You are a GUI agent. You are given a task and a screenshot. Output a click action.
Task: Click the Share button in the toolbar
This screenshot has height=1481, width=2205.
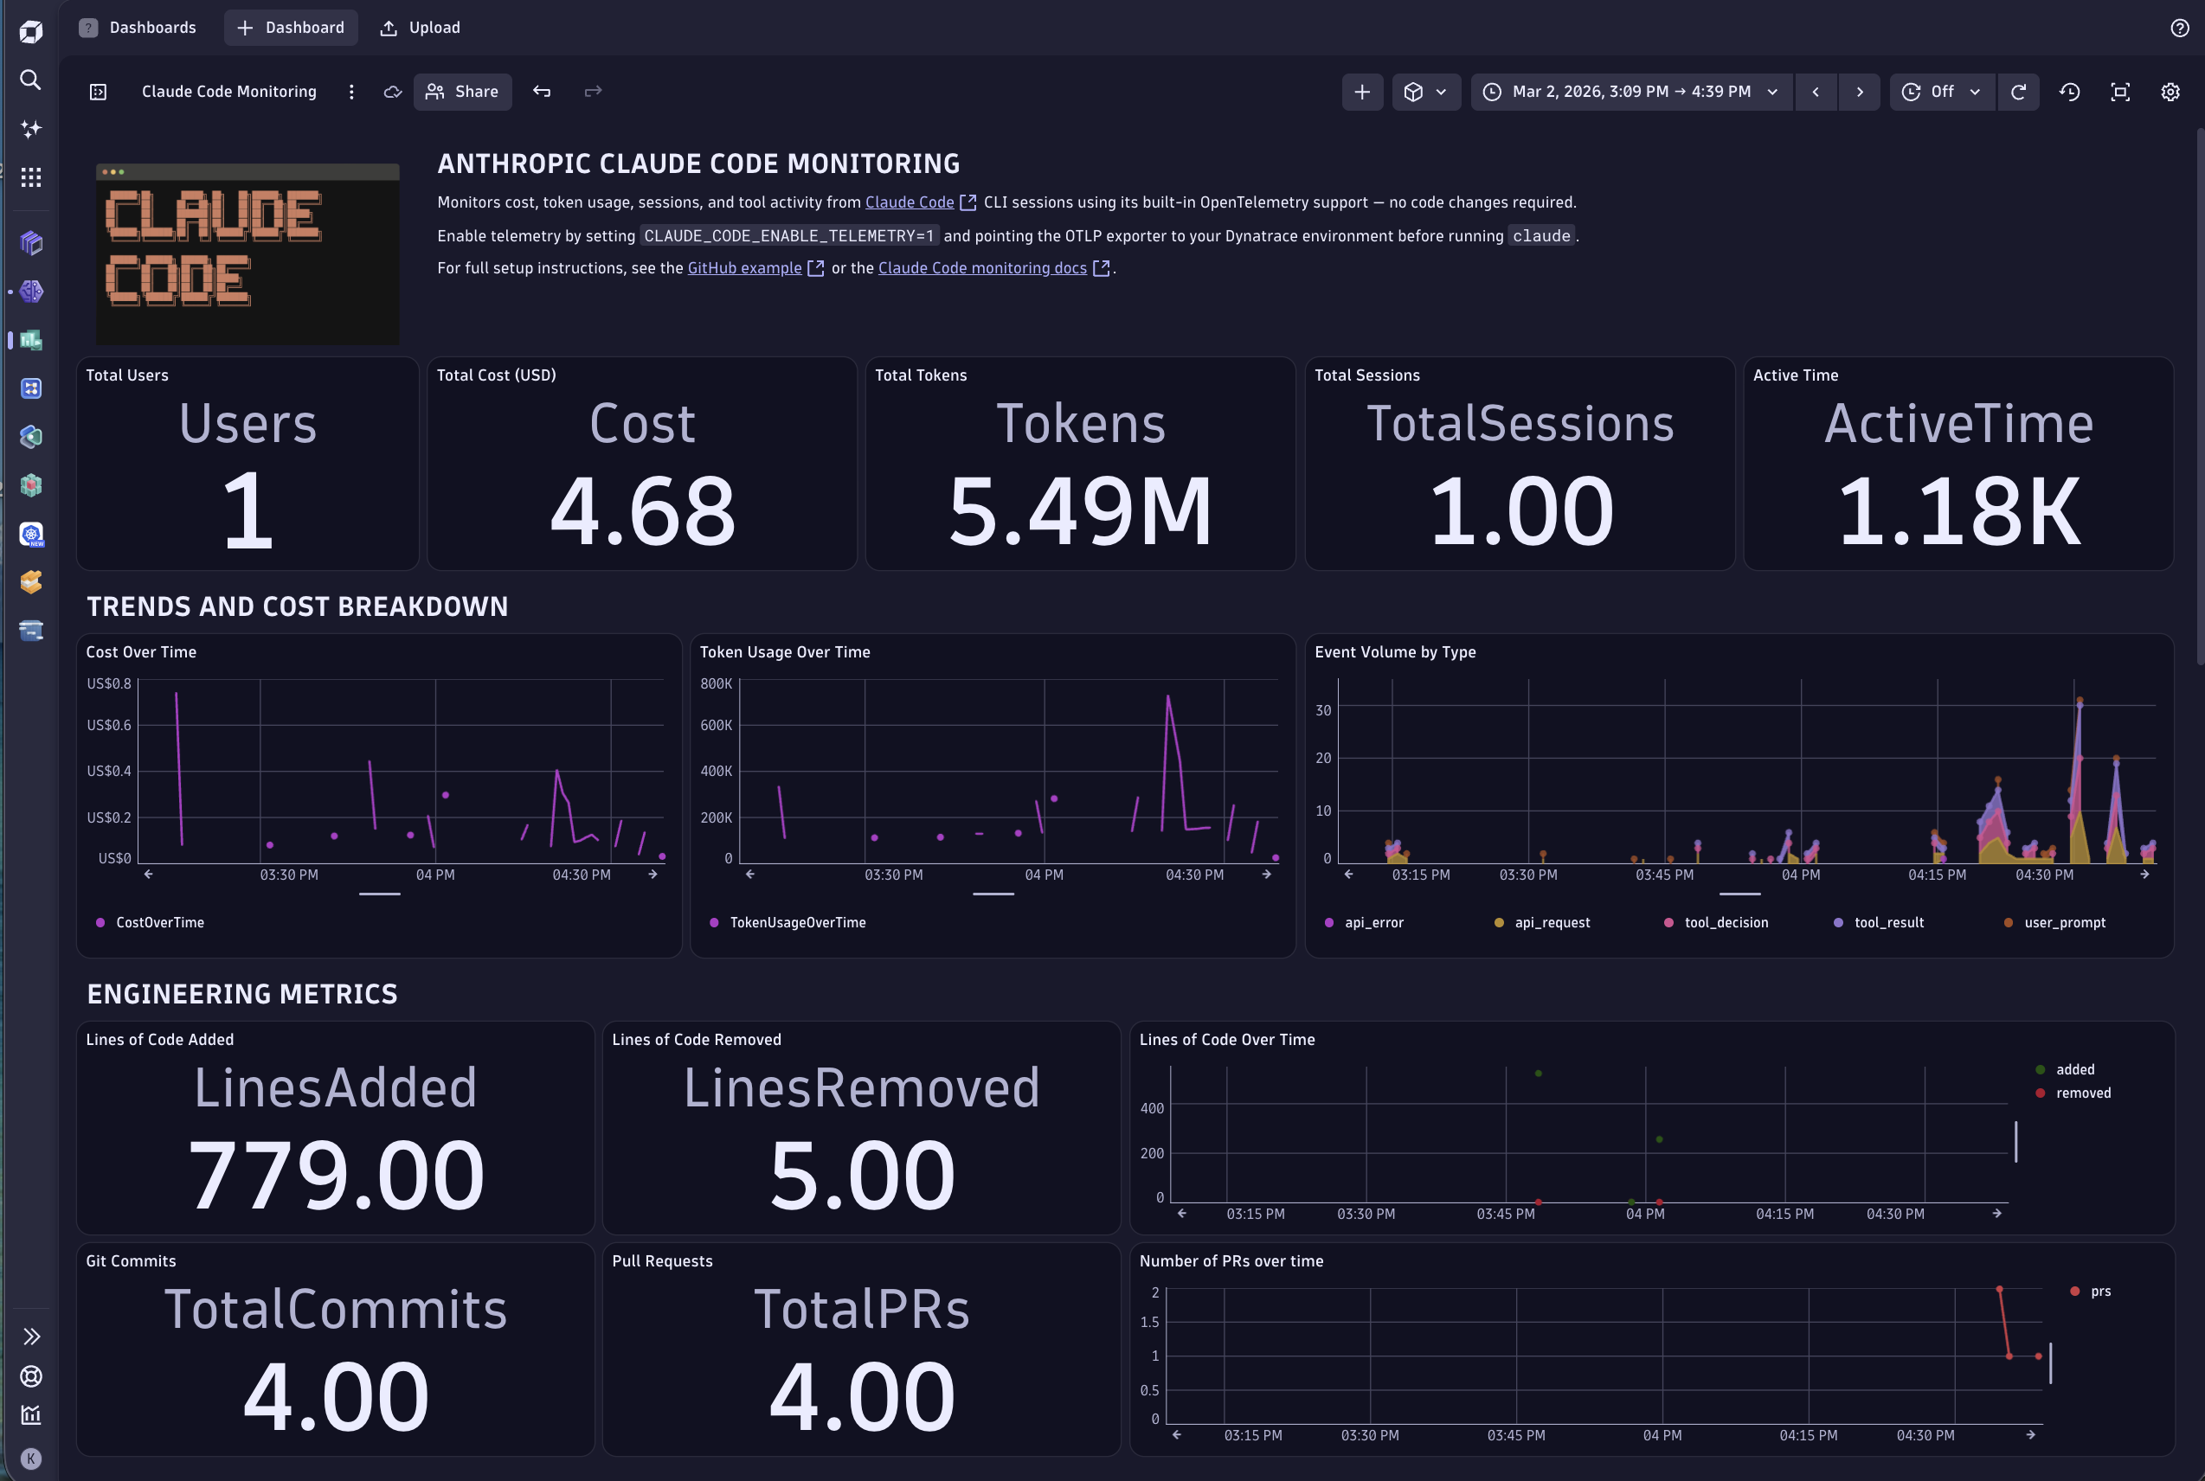462,92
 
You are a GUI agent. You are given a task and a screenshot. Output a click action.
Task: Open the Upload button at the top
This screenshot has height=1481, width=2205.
421,28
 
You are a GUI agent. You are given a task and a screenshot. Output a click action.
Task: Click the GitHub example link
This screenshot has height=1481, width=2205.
744,268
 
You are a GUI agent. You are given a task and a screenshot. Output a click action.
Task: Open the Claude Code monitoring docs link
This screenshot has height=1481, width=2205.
982,268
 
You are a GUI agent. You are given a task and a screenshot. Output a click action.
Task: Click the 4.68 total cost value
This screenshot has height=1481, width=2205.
642,511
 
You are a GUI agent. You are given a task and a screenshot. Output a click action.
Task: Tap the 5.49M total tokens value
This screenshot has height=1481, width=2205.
1080,511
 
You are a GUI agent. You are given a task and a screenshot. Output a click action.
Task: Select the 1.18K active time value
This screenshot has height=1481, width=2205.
1958,511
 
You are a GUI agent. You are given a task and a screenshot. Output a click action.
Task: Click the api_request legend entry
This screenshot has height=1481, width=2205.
1552,923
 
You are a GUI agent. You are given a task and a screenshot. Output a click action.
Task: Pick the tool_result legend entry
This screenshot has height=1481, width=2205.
1887,923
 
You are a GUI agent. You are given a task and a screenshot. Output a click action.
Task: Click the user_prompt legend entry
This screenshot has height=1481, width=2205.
2063,923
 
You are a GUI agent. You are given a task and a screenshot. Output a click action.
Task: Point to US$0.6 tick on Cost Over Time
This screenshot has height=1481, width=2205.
109,726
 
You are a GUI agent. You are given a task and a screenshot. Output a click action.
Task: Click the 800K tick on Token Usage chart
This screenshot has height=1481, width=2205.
716,683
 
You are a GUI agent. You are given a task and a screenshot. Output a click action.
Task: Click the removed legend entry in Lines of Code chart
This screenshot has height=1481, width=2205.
2082,1093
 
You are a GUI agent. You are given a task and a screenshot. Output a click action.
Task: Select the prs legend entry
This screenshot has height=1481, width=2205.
2099,1292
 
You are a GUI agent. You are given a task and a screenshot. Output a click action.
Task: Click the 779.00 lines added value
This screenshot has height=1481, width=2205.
336,1175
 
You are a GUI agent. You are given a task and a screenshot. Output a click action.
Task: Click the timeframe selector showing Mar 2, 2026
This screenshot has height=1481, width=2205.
1630,92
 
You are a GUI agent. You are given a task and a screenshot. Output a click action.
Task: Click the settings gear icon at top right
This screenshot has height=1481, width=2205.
2170,92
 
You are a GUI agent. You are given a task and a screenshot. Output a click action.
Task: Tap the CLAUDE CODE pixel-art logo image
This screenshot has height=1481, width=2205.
247,253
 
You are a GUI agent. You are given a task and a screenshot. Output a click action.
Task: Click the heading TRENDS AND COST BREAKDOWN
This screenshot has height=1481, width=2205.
298,606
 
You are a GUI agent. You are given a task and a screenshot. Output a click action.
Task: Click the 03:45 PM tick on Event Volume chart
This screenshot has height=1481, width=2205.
1663,875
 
